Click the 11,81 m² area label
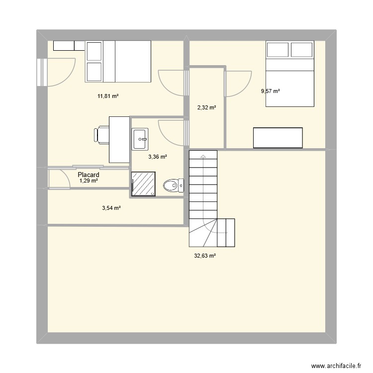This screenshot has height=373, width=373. [x=108, y=96]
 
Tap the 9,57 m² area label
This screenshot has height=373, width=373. [x=270, y=91]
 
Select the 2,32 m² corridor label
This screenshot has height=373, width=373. [x=207, y=107]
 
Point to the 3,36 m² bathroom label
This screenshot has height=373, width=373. [x=158, y=157]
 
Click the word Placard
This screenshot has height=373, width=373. [x=89, y=175]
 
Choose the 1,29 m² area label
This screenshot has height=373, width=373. [x=89, y=181]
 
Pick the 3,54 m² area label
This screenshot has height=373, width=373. [x=111, y=208]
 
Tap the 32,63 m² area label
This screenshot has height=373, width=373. [x=205, y=256]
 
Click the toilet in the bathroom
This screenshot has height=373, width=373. [x=174, y=186]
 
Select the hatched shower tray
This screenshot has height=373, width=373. [x=143, y=184]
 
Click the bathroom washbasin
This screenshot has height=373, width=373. [x=140, y=139]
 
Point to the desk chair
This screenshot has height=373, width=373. [x=101, y=135]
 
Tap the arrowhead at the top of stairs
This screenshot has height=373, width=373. [x=203, y=156]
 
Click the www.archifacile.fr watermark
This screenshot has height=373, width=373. [x=336, y=366]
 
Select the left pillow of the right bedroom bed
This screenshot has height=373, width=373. [x=278, y=50]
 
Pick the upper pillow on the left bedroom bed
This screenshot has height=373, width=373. [x=94, y=51]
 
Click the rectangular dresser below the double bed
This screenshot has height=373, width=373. [x=278, y=138]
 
